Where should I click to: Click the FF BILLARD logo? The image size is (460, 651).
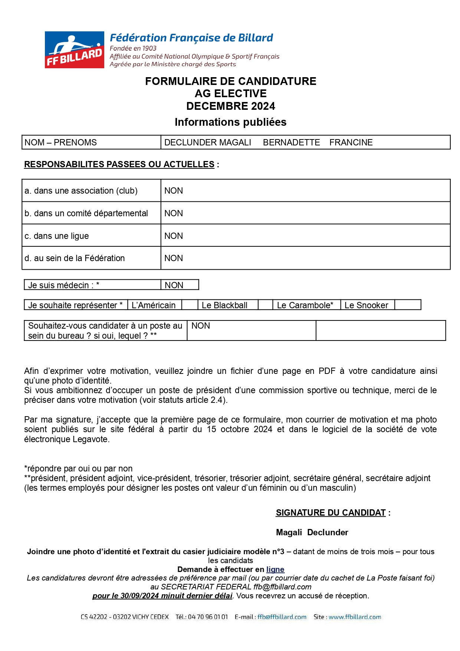point(75,50)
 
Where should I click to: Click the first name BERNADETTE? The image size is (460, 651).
point(291,142)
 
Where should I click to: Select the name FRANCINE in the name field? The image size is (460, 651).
point(351,142)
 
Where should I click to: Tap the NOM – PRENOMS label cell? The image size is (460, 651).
point(60,142)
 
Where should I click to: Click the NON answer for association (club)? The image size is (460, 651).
point(174,191)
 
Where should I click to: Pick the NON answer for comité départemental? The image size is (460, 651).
point(174,213)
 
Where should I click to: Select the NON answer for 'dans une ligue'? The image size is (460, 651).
point(174,236)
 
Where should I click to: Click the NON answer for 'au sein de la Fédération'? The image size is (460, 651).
point(174,258)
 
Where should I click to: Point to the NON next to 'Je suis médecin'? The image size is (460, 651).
point(174,285)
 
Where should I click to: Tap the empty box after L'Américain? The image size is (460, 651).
point(190,305)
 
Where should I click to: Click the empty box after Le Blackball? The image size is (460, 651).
point(265,305)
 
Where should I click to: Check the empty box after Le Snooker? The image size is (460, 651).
point(407,305)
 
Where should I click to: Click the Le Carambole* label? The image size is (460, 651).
point(305,305)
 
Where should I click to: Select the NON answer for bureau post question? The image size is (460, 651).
point(201,326)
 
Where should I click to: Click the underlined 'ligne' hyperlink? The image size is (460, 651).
point(275,569)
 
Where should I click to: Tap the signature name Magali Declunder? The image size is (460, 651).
point(312,532)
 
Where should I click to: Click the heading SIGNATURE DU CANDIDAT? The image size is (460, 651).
point(331,513)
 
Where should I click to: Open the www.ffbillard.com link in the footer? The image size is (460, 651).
point(355,617)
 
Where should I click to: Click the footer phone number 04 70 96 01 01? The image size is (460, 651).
point(208,617)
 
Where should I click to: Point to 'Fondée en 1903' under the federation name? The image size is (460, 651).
point(133,48)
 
